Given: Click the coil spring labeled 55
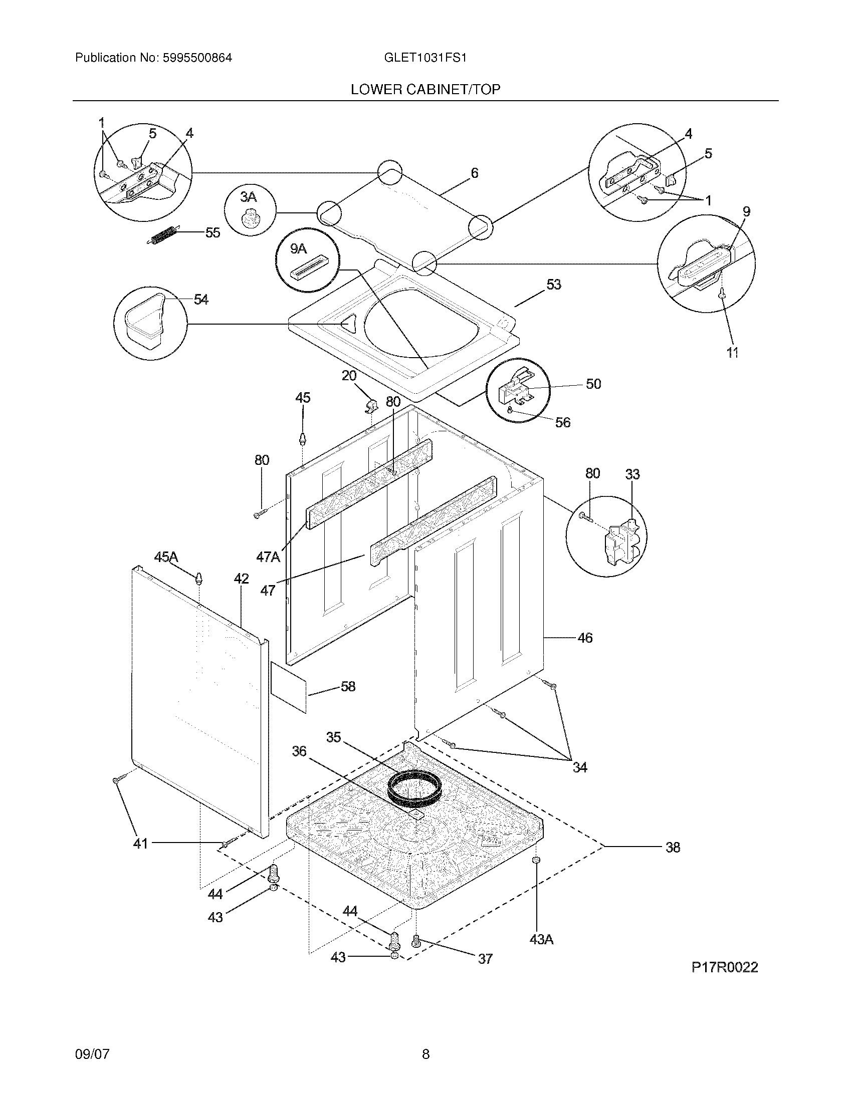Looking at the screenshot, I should [x=163, y=235].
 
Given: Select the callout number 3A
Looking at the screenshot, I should [x=248, y=197].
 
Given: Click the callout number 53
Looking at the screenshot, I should [x=554, y=285].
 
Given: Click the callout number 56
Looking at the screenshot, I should [x=563, y=422].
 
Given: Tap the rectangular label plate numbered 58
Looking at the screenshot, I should [x=289, y=687].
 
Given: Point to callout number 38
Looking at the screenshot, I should [x=673, y=847].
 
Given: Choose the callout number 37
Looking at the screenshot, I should [x=485, y=958].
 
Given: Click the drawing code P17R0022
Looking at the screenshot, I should [x=724, y=967].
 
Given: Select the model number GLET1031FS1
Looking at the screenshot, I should [x=425, y=58].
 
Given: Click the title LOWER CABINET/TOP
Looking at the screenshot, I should [x=425, y=89].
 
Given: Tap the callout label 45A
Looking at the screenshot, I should [x=166, y=557].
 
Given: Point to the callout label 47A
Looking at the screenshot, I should [x=268, y=557].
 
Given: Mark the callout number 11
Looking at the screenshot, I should [x=732, y=353].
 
